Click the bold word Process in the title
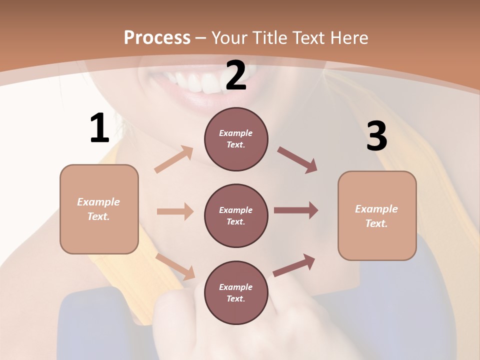(157, 37)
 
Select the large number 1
(99, 128)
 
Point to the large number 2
(236, 76)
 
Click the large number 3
(376, 136)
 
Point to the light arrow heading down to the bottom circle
(175, 266)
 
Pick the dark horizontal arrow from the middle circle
(296, 210)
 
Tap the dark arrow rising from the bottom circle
(294, 265)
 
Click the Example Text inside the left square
(98, 209)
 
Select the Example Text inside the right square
(376, 216)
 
